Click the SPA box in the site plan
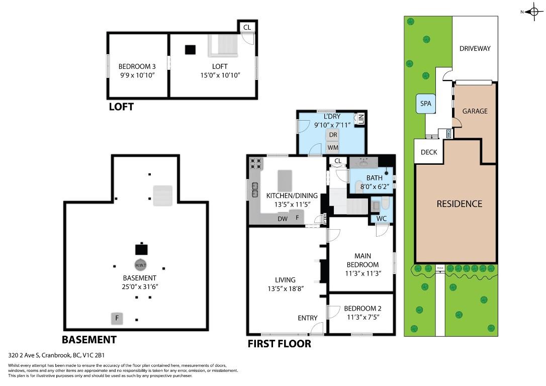click(426, 104)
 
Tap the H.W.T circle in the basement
click(141, 265)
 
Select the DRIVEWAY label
click(475, 49)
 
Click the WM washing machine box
click(332, 148)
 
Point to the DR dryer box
click(332, 135)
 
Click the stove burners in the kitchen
click(256, 163)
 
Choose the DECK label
click(429, 152)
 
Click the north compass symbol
click(533, 11)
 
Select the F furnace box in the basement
click(117, 318)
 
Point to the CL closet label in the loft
click(246, 27)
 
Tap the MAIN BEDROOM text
click(362, 260)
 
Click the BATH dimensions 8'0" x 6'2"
click(374, 186)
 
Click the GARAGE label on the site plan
click(475, 111)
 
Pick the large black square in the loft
click(190, 50)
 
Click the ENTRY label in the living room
click(307, 318)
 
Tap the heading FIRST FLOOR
click(279, 344)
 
